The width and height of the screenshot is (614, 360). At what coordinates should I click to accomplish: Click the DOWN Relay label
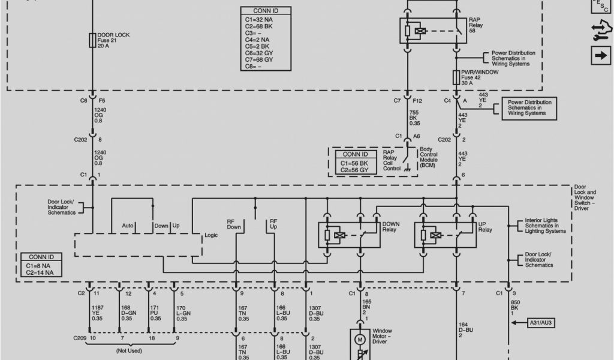coord(390,227)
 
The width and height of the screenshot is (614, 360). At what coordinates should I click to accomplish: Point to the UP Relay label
coord(485,227)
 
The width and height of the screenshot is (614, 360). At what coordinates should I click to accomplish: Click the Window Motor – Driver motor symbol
coord(360,340)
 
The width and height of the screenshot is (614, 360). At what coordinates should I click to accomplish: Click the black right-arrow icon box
coord(600,56)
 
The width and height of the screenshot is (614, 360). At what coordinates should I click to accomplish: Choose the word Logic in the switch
coord(211,235)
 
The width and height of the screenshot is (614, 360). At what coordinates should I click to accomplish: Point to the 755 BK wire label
coord(414,118)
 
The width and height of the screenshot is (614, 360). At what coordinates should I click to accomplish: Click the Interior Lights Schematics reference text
coord(545,226)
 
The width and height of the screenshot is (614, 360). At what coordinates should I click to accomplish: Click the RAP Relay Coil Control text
coord(392,161)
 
